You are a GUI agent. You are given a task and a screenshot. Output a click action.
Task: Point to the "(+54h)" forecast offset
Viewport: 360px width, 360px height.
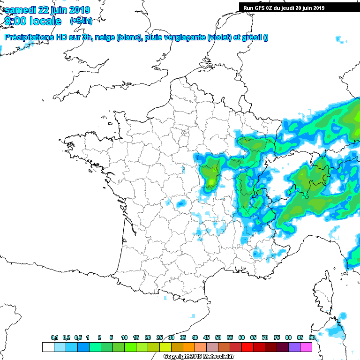(x=81, y=21)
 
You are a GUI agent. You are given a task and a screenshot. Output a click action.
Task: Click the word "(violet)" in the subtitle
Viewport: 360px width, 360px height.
(x=219, y=37)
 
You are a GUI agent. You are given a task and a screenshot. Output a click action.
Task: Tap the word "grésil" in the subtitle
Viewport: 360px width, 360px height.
(x=251, y=37)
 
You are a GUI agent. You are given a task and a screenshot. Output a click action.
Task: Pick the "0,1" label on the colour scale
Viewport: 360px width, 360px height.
(x=55, y=337)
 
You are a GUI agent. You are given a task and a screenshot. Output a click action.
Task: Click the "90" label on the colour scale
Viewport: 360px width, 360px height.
(x=312, y=337)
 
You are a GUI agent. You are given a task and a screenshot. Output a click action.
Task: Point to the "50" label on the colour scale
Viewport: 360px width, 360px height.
(x=218, y=337)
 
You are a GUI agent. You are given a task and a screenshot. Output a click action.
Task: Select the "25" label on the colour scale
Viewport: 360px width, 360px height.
(x=159, y=337)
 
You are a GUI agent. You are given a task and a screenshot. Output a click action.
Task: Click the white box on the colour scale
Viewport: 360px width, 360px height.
(x=48, y=347)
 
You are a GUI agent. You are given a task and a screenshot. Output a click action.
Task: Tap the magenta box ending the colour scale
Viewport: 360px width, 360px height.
(x=306, y=347)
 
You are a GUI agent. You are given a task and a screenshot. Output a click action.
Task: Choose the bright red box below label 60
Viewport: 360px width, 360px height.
(x=247, y=347)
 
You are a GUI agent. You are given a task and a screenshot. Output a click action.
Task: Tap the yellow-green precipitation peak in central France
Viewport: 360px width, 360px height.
(x=212, y=181)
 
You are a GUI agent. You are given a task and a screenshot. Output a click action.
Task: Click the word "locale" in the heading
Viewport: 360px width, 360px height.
(x=46, y=21)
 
